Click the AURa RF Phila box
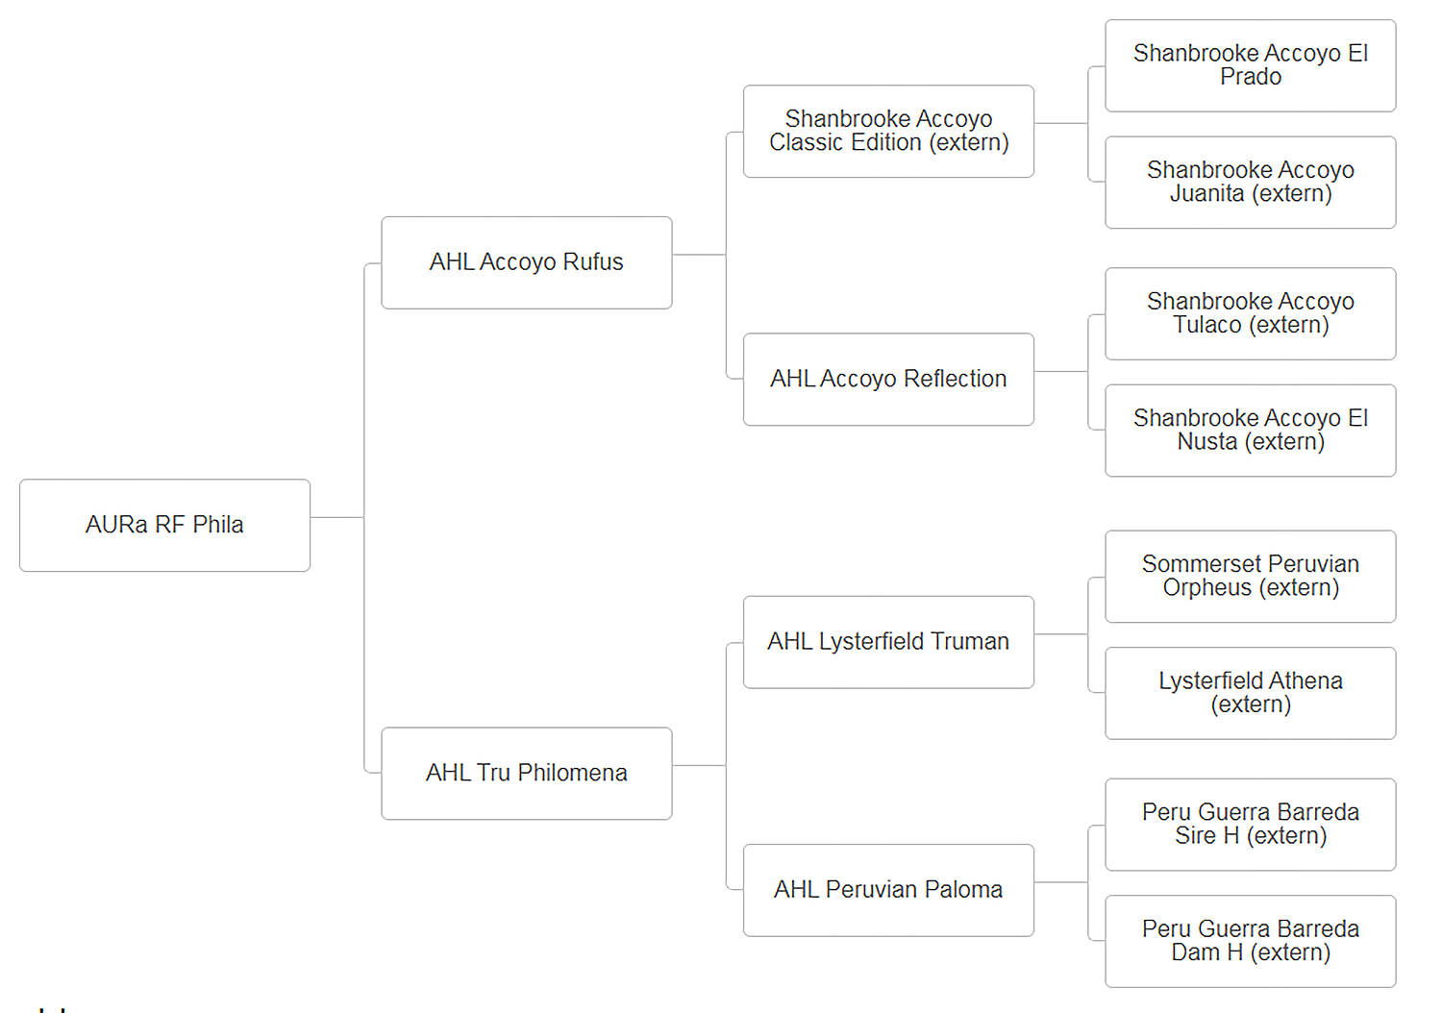tap(164, 525)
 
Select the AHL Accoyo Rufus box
tap(527, 262)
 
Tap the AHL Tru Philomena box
tap(527, 773)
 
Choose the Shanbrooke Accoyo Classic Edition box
tap(888, 132)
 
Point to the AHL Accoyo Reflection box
tap(888, 379)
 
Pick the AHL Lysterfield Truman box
tap(888, 642)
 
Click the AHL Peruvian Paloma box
tap(888, 890)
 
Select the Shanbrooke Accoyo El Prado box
tap(1250, 65)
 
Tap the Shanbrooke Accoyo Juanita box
tap(1250, 183)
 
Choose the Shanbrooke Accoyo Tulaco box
tap(1250, 313)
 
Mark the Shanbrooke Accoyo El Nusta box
tap(1250, 431)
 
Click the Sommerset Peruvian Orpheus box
tap(1250, 576)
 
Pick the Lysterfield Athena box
tap(1250, 693)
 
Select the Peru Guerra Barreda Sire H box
tap(1250, 825)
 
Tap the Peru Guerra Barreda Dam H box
tap(1250, 941)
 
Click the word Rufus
tap(593, 262)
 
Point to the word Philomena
tap(572, 773)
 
